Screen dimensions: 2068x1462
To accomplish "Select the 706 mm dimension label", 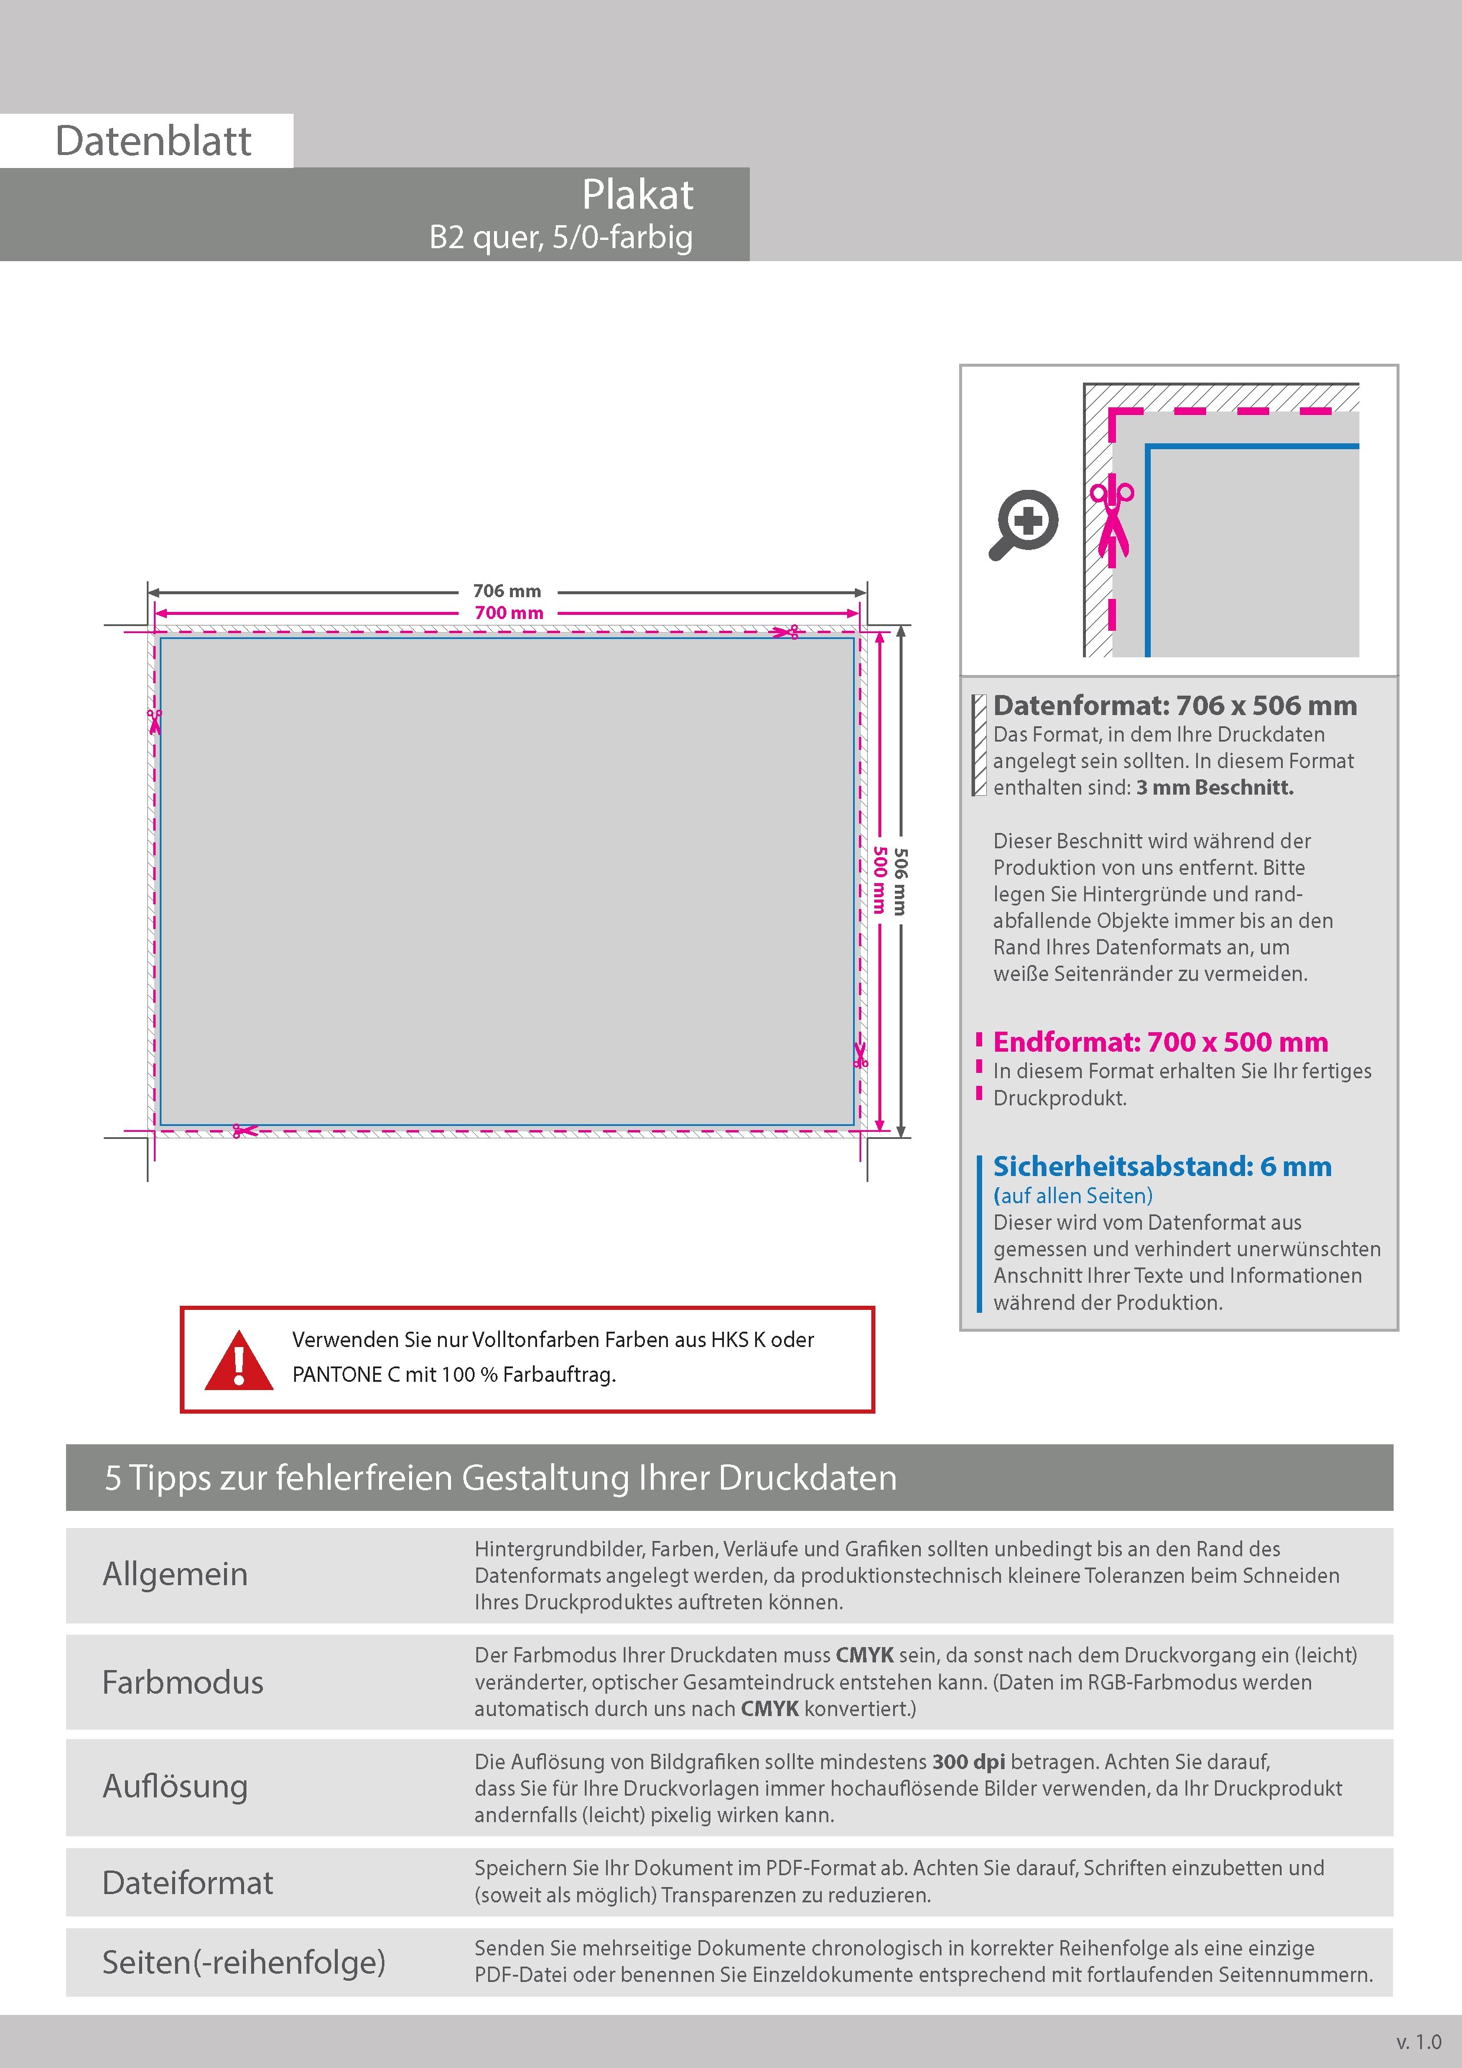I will click(507, 591).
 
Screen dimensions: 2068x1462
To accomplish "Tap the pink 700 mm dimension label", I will click(509, 613).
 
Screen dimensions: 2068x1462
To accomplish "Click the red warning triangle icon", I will click(239, 1360).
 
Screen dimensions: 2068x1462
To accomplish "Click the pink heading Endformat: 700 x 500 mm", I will click(1160, 1042).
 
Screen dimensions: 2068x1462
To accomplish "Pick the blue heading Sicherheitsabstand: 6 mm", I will click(1162, 1167).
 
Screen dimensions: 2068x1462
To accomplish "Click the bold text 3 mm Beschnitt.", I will click(1214, 787).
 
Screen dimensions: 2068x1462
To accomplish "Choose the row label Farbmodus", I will click(183, 1682).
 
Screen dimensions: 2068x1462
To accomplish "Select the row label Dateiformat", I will click(187, 1882).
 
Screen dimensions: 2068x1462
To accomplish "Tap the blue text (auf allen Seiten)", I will click(1073, 1195).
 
